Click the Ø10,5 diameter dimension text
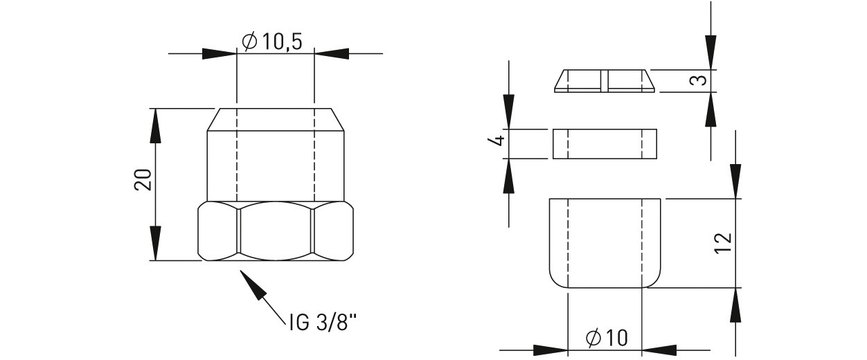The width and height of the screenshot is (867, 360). [x=271, y=42]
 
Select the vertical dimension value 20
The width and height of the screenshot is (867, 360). [x=143, y=179]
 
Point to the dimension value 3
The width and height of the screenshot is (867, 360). [x=698, y=80]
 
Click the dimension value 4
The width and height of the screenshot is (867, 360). [x=499, y=140]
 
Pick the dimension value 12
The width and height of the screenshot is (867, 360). [x=723, y=243]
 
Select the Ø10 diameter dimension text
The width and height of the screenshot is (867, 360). [x=607, y=338]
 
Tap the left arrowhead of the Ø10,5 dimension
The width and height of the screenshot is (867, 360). [x=220, y=54]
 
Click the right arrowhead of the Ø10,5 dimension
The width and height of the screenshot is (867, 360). [x=331, y=54]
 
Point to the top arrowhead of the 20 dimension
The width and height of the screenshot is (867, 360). [x=155, y=126]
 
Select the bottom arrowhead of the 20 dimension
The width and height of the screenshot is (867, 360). [x=155, y=243]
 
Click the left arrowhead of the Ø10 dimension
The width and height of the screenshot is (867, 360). [x=551, y=350]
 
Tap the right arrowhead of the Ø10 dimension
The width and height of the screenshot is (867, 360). [x=659, y=350]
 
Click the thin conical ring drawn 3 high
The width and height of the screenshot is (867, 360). [x=605, y=81]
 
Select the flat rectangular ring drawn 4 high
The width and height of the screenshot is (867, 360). [x=605, y=143]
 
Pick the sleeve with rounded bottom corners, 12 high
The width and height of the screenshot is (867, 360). [x=605, y=243]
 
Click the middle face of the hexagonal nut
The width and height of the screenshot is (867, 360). [x=276, y=231]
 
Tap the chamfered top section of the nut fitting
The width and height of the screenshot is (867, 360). [x=276, y=120]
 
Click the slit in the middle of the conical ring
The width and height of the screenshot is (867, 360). [x=605, y=81]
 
